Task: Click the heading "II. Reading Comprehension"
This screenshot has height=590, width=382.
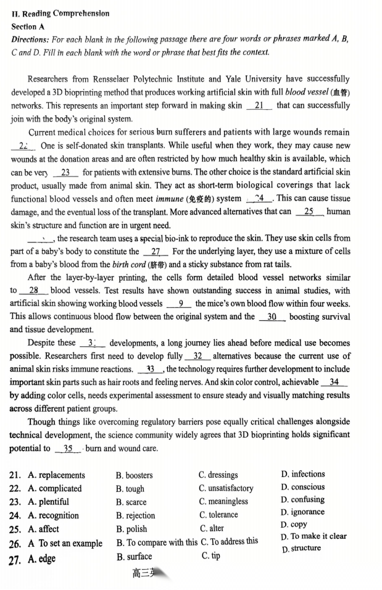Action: click(60, 14)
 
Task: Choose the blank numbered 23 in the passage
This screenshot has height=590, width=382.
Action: click(65, 172)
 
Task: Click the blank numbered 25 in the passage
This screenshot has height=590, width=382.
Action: click(309, 212)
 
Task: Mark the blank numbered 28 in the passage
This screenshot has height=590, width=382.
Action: click(34, 291)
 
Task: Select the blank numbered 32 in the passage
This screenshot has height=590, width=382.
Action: click(197, 356)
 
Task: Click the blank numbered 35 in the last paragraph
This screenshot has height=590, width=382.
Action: click(68, 449)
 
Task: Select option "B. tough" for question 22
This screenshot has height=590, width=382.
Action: click(130, 489)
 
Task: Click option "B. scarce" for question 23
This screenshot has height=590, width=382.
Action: click(131, 502)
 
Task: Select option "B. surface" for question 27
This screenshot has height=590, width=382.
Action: click(134, 557)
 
